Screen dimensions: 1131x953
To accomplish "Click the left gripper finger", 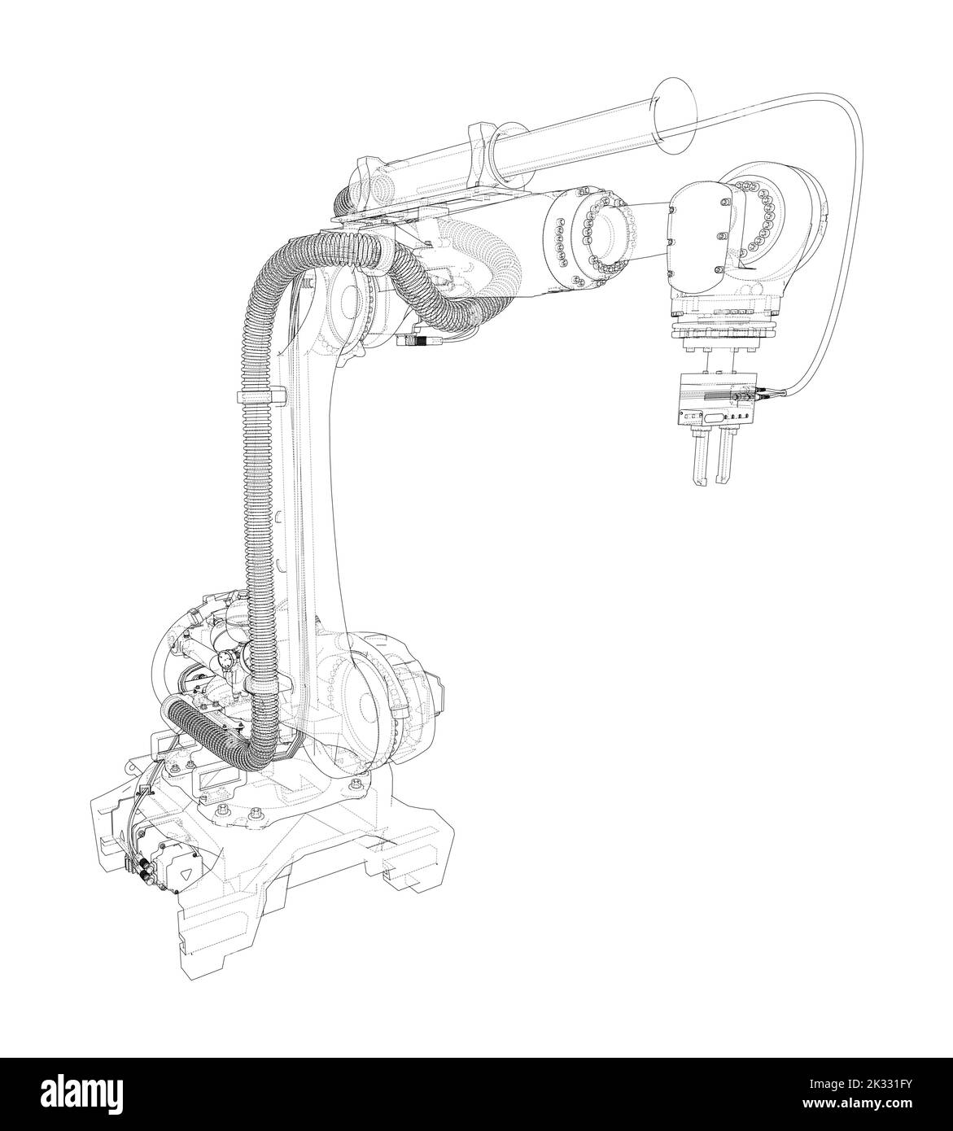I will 698,460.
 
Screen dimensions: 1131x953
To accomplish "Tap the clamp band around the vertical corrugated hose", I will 262,396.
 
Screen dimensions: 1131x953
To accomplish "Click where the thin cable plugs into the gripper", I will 765,397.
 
